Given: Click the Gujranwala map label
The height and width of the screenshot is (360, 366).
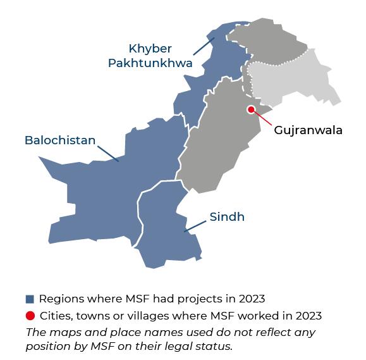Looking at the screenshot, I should [x=308, y=130].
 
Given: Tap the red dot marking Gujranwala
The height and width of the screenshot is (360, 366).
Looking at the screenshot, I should [x=251, y=109].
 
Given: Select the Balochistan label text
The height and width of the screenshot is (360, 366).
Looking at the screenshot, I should [x=60, y=140].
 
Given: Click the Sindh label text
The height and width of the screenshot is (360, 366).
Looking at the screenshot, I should [x=227, y=217].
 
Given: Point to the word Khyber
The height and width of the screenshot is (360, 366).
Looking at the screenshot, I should [x=150, y=49].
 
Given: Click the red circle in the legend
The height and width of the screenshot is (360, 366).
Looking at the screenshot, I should [x=30, y=316].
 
